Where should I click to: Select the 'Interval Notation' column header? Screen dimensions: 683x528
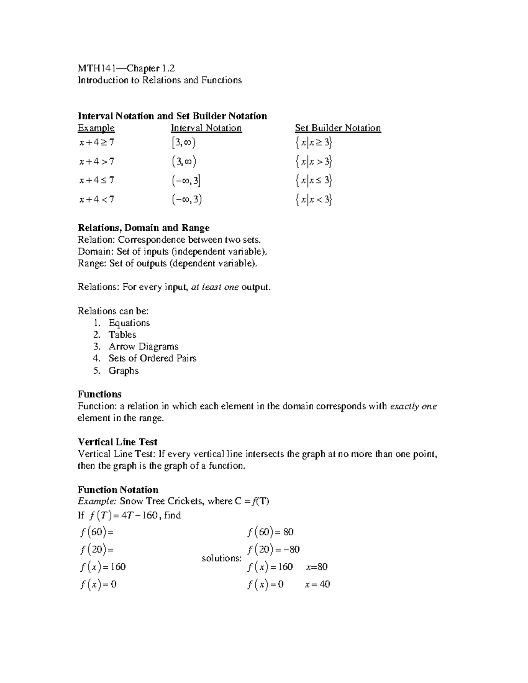tap(206, 128)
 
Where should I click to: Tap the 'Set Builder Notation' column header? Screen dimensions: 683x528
tap(337, 128)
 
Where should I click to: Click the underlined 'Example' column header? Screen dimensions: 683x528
tap(96, 128)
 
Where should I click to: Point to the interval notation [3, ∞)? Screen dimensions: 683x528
tap(184, 142)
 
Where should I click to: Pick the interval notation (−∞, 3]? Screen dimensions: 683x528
tap(187, 180)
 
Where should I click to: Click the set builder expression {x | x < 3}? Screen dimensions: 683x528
tap(314, 200)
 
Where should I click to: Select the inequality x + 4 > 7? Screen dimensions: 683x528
tap(97, 161)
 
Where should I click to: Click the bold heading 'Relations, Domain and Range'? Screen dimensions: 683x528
tap(143, 228)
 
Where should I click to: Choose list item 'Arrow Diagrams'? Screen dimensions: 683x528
tap(143, 347)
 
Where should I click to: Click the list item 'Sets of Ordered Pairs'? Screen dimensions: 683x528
tap(152, 358)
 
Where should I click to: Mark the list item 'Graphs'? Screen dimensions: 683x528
tap(124, 371)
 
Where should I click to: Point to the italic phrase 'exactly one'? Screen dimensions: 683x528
tap(413, 406)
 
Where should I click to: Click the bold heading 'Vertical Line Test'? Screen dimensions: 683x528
tap(117, 442)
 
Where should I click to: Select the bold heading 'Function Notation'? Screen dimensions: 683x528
tap(118, 490)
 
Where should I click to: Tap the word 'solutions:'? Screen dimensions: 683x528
tap(222, 558)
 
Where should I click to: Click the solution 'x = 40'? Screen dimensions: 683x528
tap(317, 584)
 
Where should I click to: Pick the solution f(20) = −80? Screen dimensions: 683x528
tap(274, 549)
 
